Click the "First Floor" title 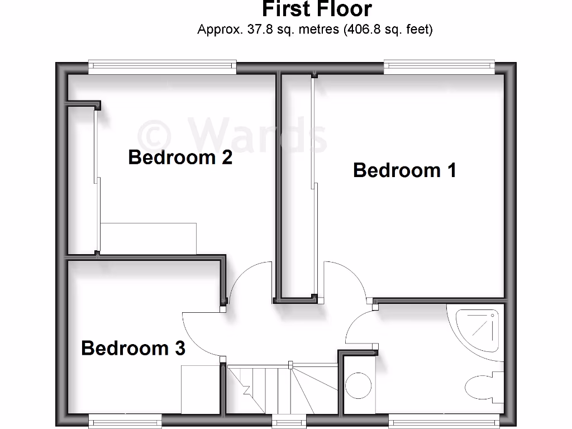click(x=317, y=9)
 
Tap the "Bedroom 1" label click(x=404, y=170)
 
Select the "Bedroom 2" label click(x=180, y=158)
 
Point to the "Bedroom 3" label click(x=133, y=348)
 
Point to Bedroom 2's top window click(x=162, y=67)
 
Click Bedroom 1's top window click(x=439, y=67)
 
